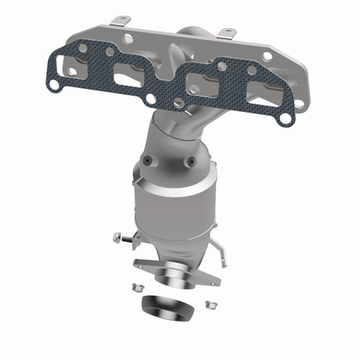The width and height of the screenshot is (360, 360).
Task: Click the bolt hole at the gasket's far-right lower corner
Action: pos(286,119)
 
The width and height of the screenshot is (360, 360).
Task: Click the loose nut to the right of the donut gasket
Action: pos(209,304)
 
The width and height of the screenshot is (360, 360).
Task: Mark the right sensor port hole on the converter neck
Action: pos(190,162)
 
